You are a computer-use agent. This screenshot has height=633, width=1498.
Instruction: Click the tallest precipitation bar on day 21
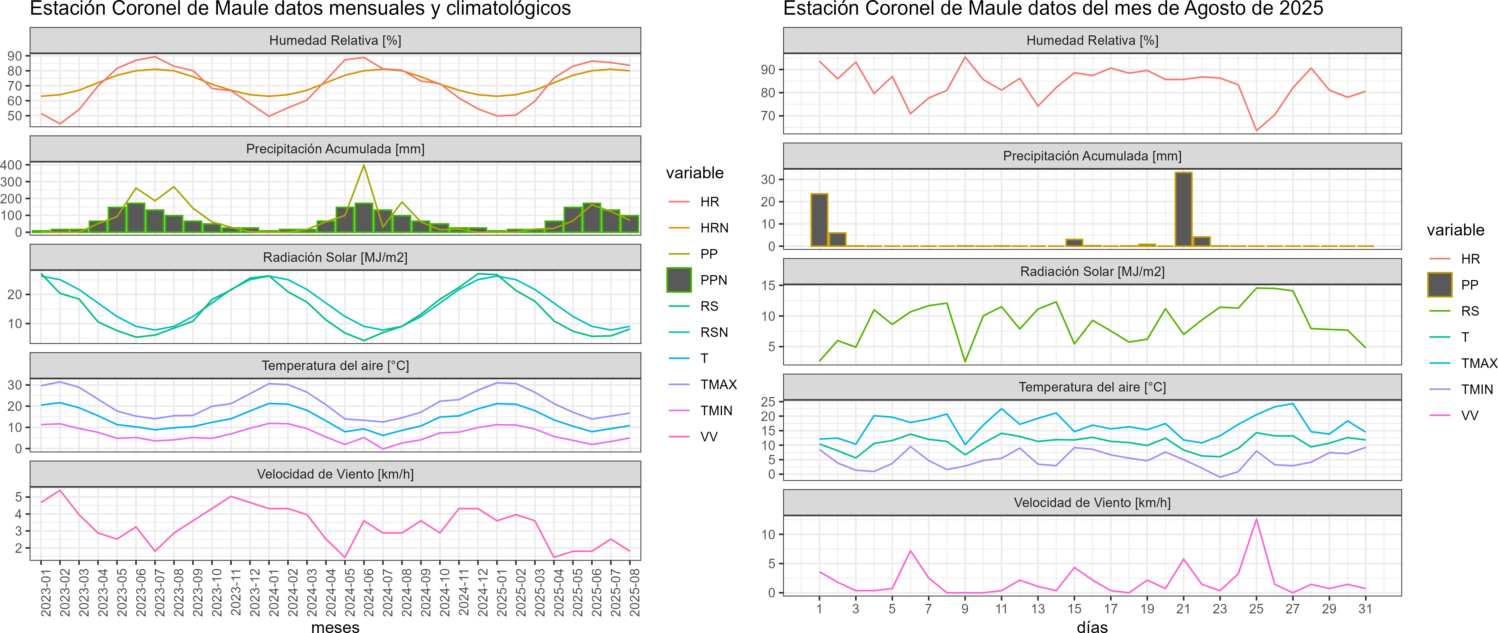point(1183,209)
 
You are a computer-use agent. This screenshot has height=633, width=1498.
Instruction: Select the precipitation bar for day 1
point(819,220)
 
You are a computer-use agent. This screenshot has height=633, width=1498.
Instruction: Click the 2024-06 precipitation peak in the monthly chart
point(364,166)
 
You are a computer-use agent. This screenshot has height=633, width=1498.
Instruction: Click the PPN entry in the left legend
point(713,280)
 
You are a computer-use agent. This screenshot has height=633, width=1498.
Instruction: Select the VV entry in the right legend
point(1469,415)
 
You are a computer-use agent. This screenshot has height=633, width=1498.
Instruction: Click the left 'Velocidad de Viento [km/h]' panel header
point(336,474)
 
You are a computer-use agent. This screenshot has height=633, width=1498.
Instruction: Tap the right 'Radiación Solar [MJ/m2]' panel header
point(1092,272)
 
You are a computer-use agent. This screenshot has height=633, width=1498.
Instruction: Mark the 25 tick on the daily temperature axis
point(768,401)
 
